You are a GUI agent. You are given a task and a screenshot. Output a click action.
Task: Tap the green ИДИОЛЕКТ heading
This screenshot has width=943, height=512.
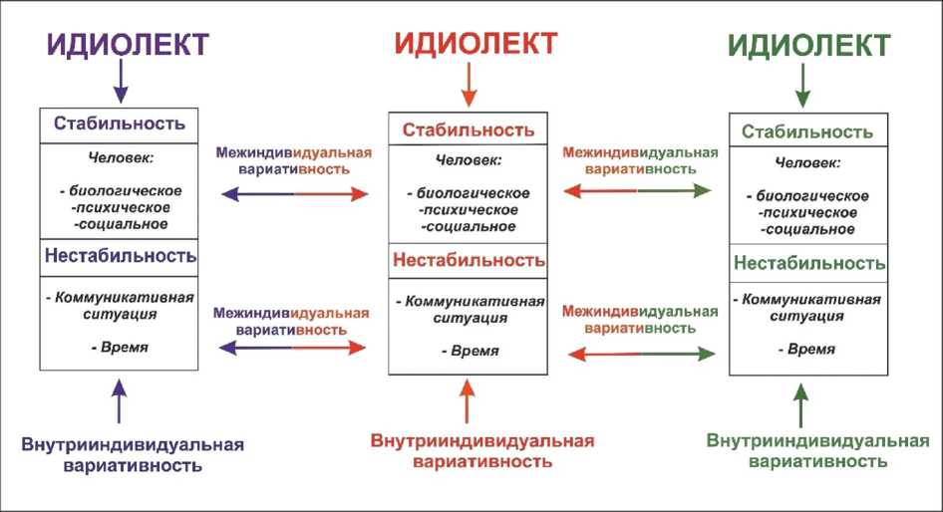pyautogui.click(x=809, y=46)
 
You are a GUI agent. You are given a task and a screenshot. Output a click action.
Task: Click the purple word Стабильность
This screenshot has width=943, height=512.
pyautogui.click(x=120, y=125)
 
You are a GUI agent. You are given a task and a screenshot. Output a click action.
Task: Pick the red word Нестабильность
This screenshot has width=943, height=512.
pyautogui.click(x=469, y=261)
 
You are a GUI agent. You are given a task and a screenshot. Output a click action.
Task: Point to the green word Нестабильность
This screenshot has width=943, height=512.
pyautogui.click(x=809, y=264)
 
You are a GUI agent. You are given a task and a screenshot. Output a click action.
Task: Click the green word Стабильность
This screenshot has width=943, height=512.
pyautogui.click(x=807, y=131)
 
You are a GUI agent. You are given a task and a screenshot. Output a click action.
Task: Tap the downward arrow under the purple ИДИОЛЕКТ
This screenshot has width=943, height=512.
pyautogui.click(x=121, y=81)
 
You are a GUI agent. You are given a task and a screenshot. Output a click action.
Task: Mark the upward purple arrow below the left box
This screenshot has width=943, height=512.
pyautogui.click(x=120, y=402)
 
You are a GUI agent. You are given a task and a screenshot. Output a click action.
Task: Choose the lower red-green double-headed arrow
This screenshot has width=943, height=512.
pyautogui.click(x=640, y=353)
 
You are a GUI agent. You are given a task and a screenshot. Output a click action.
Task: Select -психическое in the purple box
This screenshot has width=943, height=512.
pyautogui.click(x=121, y=208)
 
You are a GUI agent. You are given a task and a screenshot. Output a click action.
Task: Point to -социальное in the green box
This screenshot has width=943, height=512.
pyautogui.click(x=809, y=229)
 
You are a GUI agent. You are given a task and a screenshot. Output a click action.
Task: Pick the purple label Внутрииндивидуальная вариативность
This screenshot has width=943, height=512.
pyautogui.click(x=132, y=454)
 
